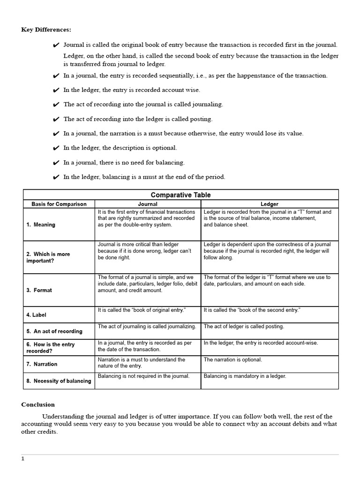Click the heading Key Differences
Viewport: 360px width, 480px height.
pos(46,30)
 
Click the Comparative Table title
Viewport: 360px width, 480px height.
pos(180,195)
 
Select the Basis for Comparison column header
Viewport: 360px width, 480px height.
pos(59,204)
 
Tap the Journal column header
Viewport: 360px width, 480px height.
pos(148,204)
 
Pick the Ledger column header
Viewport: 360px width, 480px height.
pos(270,204)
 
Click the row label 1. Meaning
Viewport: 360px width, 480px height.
pos(41,225)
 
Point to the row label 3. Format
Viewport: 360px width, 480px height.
pos(39,290)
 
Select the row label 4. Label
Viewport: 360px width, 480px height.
pos(37,315)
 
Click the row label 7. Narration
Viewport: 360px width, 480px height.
pos(42,364)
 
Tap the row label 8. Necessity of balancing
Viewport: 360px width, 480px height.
pos(59,381)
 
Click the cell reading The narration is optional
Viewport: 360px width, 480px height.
pos(233,360)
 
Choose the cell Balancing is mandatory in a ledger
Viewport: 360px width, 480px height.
pos(245,376)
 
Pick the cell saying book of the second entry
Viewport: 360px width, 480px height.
pos(252,310)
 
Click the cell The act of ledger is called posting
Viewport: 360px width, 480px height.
pos(244,327)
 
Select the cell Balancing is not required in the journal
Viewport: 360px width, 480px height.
pos(143,376)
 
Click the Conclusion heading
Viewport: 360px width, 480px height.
pos(38,405)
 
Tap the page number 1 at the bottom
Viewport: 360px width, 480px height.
pos(22,459)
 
